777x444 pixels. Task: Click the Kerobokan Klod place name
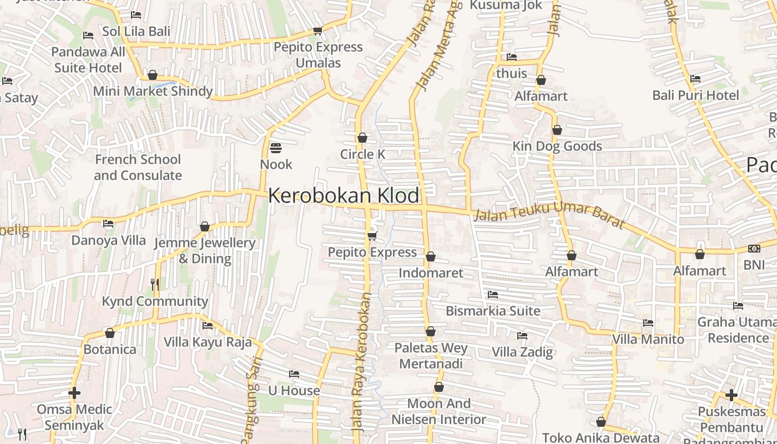[x=344, y=196]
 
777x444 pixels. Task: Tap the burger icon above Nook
[x=276, y=148]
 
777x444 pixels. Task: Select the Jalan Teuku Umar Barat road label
[x=549, y=216]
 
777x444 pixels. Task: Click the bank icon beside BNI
[x=754, y=249]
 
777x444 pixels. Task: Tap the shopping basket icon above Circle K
[x=362, y=138]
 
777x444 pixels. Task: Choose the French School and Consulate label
[x=138, y=167]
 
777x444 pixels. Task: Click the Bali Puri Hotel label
[x=695, y=95]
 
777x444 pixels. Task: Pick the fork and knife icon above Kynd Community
[x=155, y=285]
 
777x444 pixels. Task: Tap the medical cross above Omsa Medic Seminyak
[x=74, y=393]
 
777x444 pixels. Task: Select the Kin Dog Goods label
[x=557, y=146]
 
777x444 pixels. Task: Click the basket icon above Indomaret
[x=431, y=256]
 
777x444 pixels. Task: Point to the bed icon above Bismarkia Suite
[x=492, y=294]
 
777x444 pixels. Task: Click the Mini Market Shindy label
[x=153, y=91]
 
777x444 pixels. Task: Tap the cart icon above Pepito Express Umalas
[x=317, y=31]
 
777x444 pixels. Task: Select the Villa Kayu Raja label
[x=208, y=342]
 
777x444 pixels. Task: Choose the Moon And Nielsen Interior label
[x=439, y=411]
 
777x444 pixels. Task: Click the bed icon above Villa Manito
[x=648, y=323]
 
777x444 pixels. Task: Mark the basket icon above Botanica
[x=110, y=333]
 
